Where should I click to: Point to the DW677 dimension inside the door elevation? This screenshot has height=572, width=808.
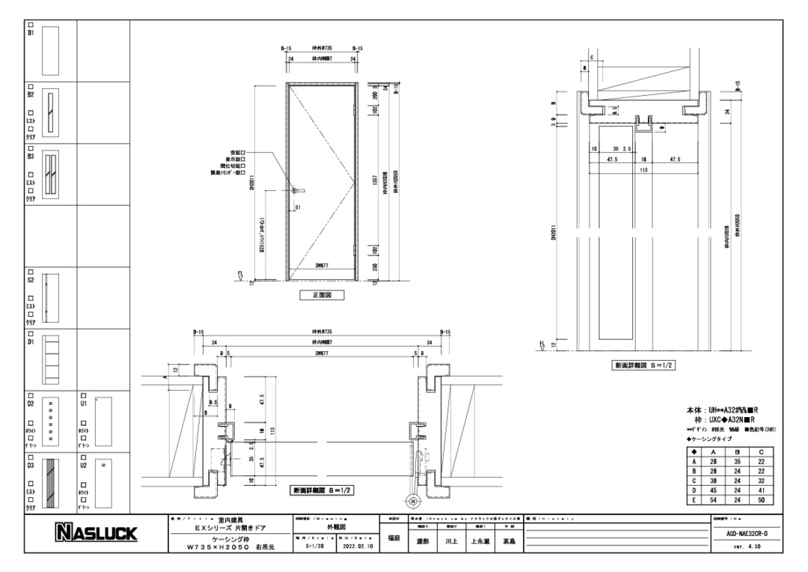pyautogui.click(x=322, y=264)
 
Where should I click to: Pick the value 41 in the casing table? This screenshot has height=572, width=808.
pyautogui.click(x=759, y=489)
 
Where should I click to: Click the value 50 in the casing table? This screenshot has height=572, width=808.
pyautogui.click(x=759, y=498)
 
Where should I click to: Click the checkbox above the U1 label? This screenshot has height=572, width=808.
pyautogui.click(x=84, y=395)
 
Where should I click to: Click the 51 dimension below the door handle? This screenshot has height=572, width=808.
pyautogui.click(x=299, y=207)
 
